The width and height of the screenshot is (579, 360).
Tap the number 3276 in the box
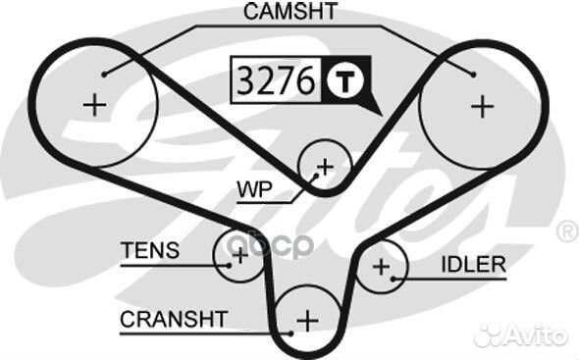pos(276,80)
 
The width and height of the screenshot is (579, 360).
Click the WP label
pos(254,185)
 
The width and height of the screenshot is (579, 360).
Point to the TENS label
pos(150,250)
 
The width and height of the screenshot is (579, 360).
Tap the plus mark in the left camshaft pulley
pos(95,105)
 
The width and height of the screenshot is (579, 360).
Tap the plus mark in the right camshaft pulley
pos(480,105)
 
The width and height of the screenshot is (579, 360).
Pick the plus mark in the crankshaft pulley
pos(308,320)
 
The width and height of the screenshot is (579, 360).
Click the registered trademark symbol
pos(566,231)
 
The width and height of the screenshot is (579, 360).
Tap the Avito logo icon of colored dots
pos(489,334)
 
